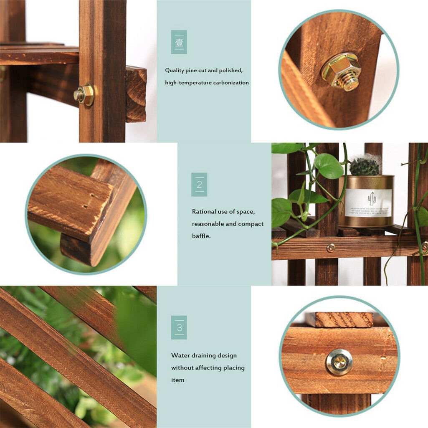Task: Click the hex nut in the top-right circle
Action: pos(341,71)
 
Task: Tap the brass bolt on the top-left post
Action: pos(84,95)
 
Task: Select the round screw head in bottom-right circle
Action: pos(339,362)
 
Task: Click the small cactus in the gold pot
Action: pos(364,166)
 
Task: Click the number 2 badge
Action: pos(199,185)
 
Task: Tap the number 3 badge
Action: pos(179,327)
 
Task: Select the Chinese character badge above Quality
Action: pos(179,42)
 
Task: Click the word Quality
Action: pos(175,71)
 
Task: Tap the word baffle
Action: pos(201,236)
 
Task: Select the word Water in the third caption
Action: pos(180,356)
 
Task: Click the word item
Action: pos(177,380)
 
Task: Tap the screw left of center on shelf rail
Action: pos(331,248)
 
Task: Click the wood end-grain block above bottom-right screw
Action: pos(344,319)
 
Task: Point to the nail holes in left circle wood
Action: pos(86,202)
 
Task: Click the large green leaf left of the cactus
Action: pos(329,166)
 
